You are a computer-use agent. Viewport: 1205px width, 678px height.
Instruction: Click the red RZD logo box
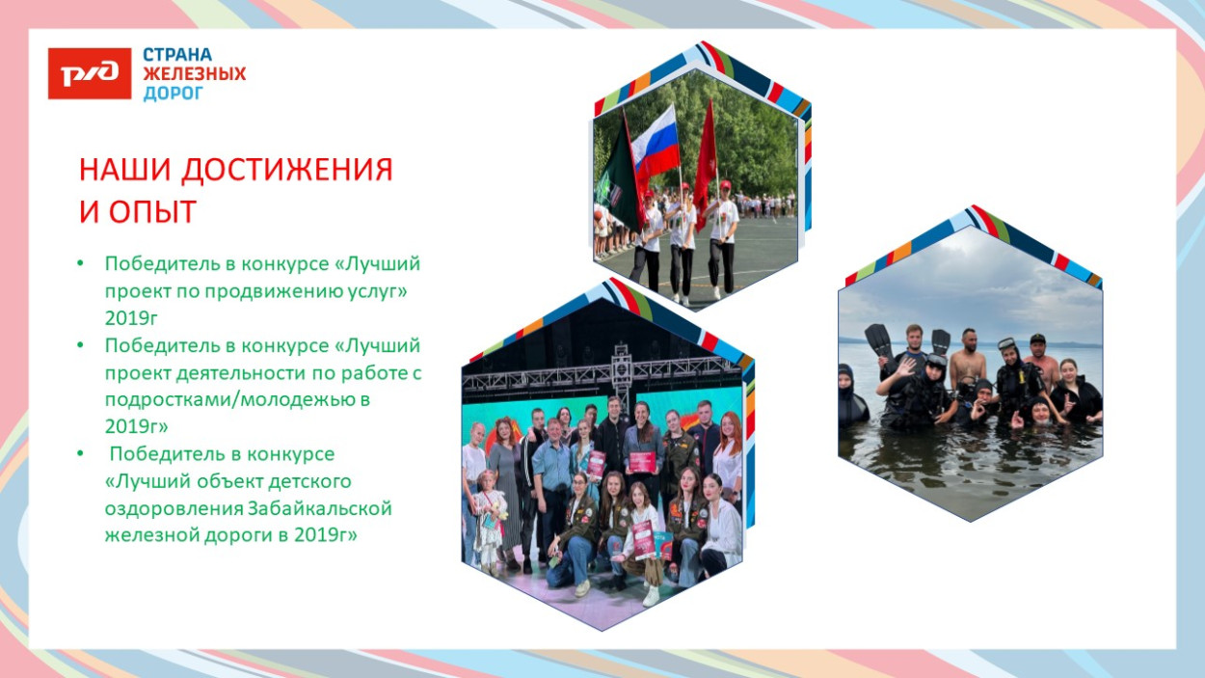pyautogui.click(x=90, y=74)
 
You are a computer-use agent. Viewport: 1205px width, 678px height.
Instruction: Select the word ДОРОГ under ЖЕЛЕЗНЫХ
pyautogui.click(x=174, y=94)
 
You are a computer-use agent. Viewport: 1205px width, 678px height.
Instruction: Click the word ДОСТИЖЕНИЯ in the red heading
pyautogui.click(x=288, y=170)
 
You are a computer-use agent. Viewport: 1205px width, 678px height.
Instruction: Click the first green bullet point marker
pyautogui.click(x=83, y=263)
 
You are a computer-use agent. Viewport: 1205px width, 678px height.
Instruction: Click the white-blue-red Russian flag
pyautogui.click(x=656, y=141)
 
